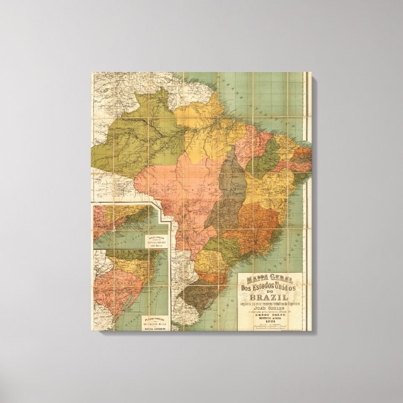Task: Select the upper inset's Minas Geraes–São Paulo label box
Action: click(125, 241)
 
